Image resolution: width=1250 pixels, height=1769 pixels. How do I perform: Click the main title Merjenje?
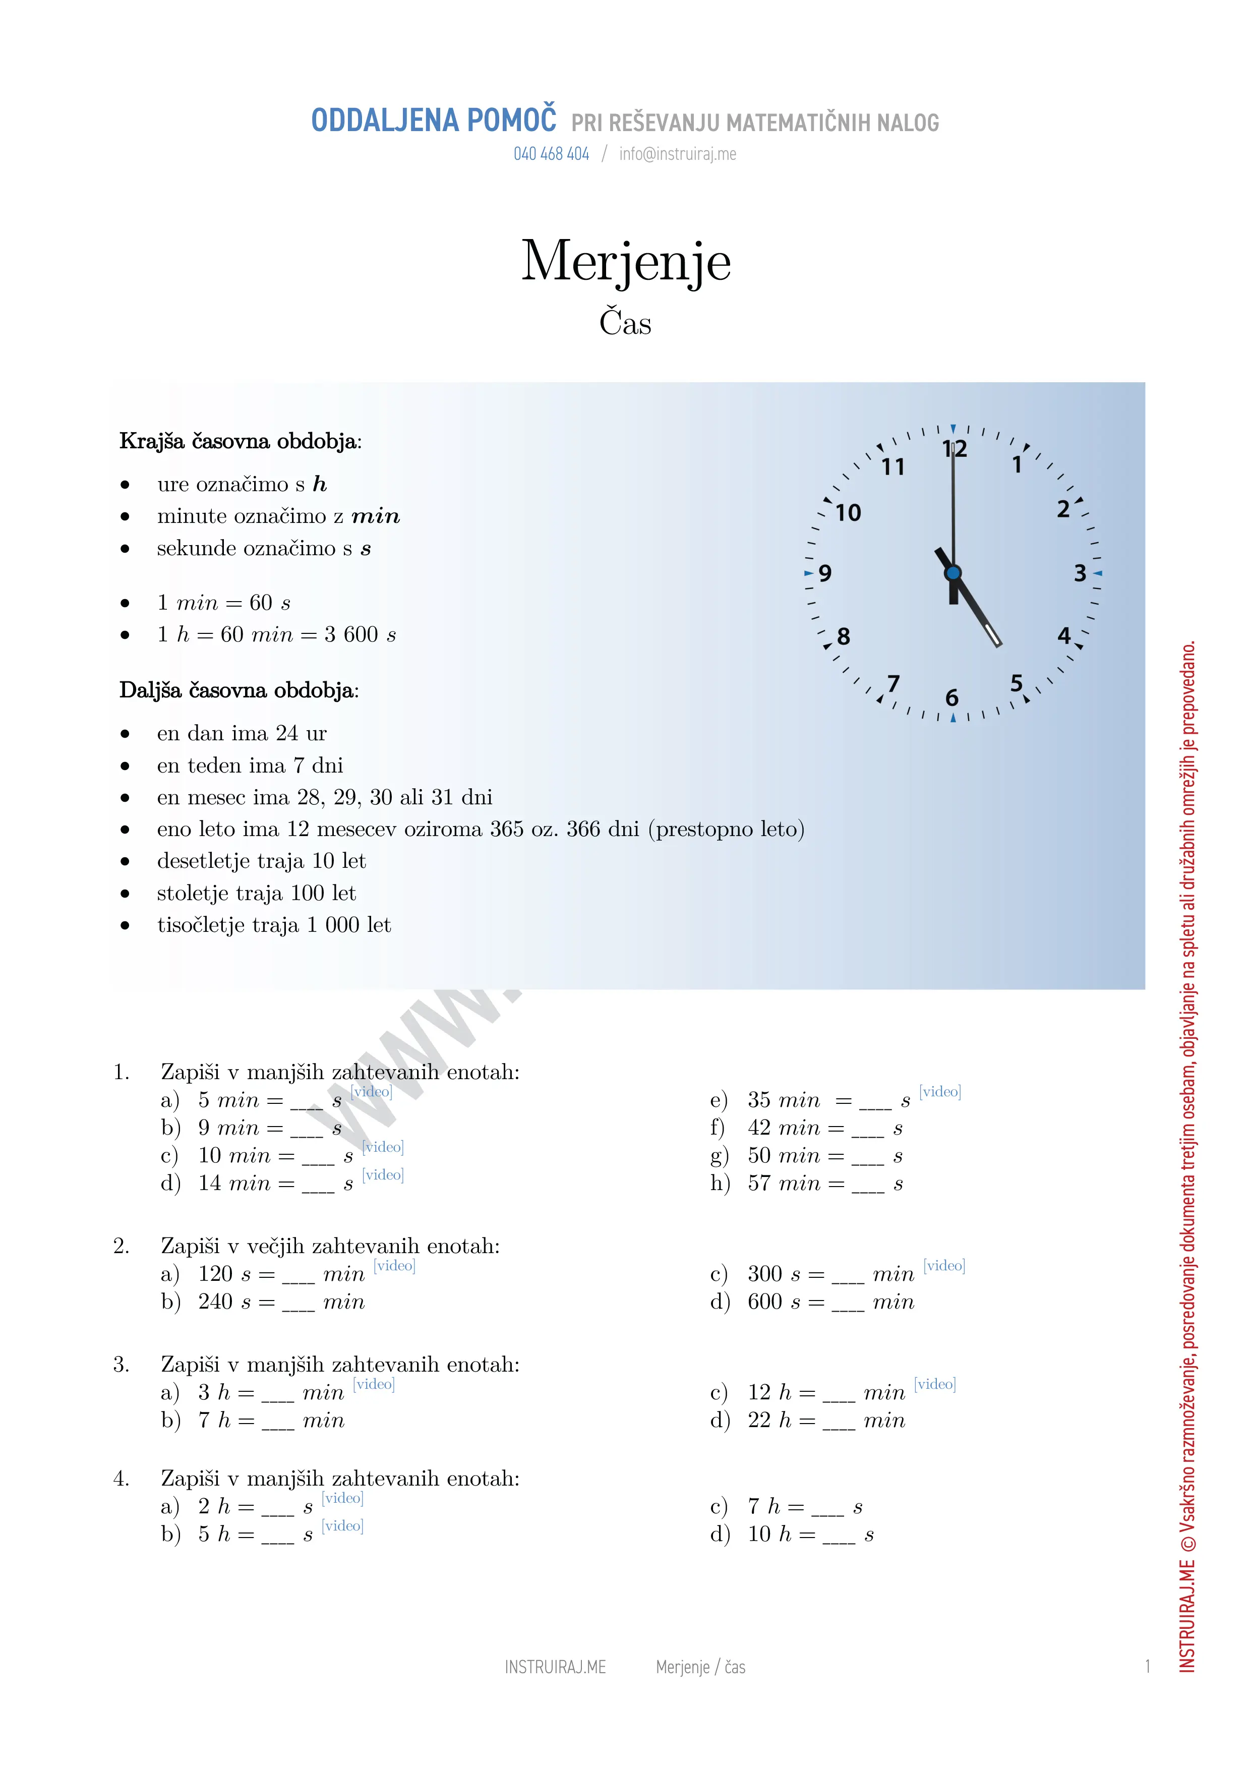click(x=625, y=262)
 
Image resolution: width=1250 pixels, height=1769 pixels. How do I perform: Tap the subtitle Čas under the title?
click(x=625, y=322)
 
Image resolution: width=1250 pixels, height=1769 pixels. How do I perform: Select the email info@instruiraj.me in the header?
click(x=677, y=154)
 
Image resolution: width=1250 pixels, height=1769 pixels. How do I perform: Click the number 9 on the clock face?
click(x=825, y=573)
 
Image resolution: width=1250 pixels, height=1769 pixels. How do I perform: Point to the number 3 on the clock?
click(x=1080, y=573)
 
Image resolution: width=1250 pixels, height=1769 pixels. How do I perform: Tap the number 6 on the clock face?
click(x=952, y=698)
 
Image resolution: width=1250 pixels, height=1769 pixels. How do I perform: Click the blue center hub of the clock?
click(x=953, y=572)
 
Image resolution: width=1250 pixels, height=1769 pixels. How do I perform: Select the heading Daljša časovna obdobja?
click(x=239, y=690)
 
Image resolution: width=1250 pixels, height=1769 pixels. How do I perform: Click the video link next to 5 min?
click(x=371, y=1092)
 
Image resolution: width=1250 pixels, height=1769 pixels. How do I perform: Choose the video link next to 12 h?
click(x=934, y=1385)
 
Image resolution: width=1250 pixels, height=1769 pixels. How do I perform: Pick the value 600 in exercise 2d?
click(x=765, y=1302)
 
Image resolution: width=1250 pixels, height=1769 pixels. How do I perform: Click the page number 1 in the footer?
click(x=1147, y=1667)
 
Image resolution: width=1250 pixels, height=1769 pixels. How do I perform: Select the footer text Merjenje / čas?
click(x=700, y=1667)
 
